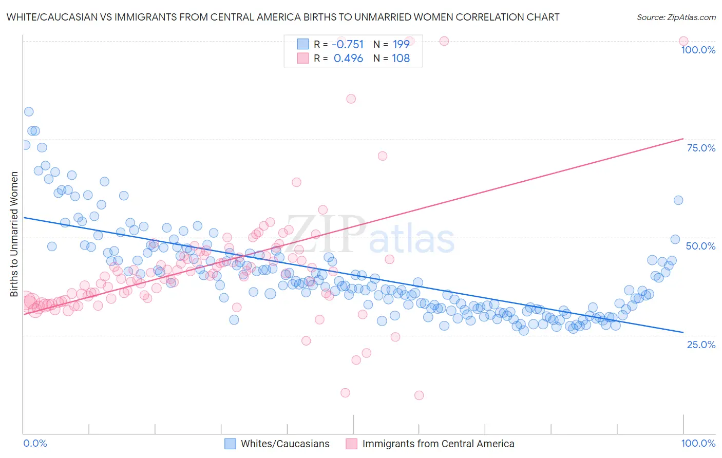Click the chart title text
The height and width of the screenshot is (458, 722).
coord(283,17)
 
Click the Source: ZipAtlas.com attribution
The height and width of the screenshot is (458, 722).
coord(676,17)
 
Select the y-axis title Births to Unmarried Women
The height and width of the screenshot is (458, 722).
coord(14,234)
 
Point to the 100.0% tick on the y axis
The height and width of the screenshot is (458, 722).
coord(698,50)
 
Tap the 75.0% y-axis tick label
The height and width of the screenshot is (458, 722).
coord(701,148)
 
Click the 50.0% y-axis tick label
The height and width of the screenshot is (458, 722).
coord(700,246)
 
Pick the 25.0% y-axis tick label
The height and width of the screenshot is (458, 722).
coord(701,344)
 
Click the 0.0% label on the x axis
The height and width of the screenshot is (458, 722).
coord(35,443)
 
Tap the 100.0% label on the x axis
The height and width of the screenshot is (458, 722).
coord(698,443)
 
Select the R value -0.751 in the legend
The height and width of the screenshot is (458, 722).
coord(348,44)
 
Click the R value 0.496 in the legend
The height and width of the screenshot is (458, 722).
coord(348,58)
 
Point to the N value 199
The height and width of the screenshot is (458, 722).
coord(401,44)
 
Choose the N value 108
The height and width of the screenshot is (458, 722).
coord(401,58)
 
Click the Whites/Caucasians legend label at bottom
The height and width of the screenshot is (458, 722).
coord(285,444)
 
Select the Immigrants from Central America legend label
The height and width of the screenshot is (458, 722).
coord(438,444)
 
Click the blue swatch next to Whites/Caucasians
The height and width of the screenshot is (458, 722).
coord(230,444)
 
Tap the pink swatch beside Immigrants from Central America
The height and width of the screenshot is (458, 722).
coord(351,444)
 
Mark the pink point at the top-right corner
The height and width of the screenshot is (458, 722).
coord(683,41)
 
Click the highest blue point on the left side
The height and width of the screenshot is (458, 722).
coord(29,112)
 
